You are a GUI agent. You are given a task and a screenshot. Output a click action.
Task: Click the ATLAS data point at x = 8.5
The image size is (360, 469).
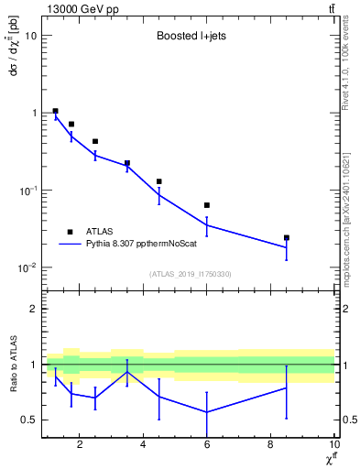287,237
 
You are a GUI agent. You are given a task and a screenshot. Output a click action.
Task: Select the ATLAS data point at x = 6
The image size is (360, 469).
207,205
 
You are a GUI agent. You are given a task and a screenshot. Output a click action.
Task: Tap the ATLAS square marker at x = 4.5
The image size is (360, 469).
159,181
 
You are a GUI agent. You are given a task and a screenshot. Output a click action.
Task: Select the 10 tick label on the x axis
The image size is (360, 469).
333,446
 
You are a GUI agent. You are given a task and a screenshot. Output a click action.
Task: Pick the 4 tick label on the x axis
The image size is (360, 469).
143,446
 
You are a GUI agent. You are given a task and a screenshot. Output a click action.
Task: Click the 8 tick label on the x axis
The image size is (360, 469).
270,446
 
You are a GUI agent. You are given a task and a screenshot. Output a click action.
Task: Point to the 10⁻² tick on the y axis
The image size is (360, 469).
27,268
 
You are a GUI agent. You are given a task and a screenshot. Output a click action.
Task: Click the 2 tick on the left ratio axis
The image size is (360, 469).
32,310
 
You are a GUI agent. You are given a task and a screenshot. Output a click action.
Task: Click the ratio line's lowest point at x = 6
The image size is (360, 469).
207,412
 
